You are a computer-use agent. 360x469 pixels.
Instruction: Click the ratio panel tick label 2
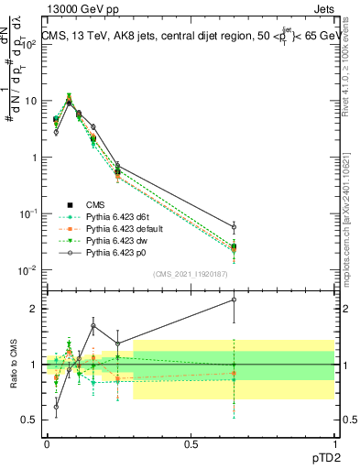[x=34, y=309]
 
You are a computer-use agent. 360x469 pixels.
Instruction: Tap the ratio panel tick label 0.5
[x=30, y=420]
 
